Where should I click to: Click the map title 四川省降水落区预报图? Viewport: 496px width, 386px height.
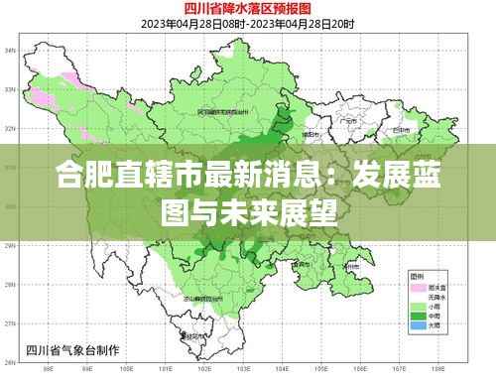tap(248, 9)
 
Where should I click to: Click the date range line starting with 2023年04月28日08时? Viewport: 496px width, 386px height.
tap(248, 24)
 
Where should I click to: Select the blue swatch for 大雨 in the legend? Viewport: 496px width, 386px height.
tap(416, 324)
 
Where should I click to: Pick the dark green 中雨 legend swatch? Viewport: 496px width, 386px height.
tap(416, 315)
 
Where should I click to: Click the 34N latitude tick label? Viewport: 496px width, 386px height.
tap(10, 49)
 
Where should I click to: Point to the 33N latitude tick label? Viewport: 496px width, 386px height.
tap(10, 89)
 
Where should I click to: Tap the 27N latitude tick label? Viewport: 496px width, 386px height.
tap(10, 324)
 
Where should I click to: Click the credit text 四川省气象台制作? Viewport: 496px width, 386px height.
tap(69, 348)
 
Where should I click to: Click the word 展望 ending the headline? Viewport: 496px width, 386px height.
tap(308, 211)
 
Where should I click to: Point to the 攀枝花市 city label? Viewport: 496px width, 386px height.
tap(193, 335)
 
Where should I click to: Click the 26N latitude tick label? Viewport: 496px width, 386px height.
tap(10, 363)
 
